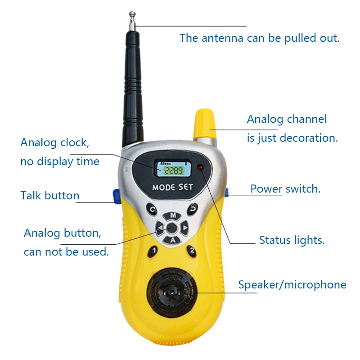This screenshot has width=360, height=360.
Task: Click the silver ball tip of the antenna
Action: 132,14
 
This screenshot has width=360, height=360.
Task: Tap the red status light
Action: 200,167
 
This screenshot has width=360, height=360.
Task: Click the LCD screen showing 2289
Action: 174,169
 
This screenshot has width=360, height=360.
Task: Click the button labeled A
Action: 172,240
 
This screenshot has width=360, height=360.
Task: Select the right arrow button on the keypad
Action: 184,228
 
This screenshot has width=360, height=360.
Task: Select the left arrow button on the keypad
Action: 160,228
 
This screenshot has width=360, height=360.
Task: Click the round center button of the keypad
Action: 172,228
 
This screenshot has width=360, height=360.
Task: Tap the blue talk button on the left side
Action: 117,196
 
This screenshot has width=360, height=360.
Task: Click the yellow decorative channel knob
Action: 204,124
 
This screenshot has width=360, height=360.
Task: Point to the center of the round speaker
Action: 171,292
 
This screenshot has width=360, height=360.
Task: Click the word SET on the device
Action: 185,187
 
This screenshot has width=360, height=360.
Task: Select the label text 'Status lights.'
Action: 292,240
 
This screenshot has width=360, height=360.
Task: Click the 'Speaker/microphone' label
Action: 292,285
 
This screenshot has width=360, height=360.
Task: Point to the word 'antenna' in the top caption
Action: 222,38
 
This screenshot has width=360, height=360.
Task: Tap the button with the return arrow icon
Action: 193,209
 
